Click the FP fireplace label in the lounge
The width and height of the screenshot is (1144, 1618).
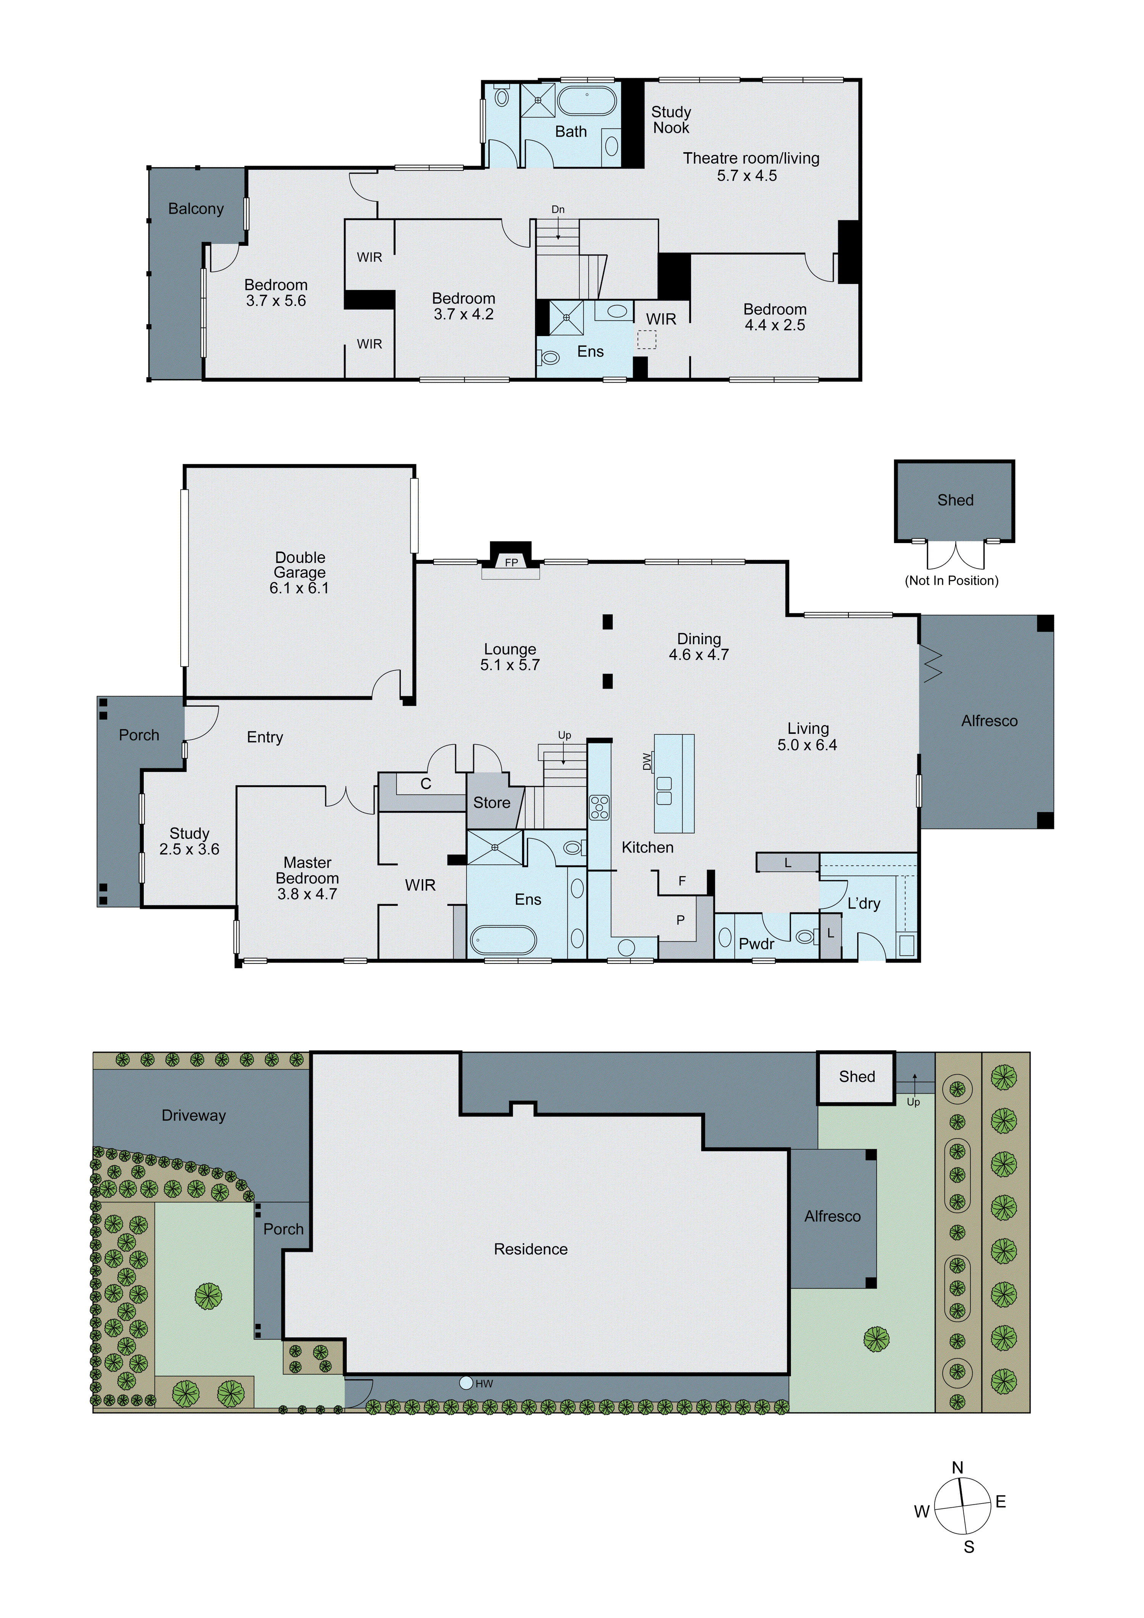tap(511, 562)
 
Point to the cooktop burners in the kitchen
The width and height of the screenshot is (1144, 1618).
tap(599, 807)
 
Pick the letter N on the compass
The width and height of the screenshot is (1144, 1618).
tap(957, 1467)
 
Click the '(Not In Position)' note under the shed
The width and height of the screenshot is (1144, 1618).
tap(951, 581)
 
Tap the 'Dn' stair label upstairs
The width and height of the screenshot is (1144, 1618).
tap(558, 209)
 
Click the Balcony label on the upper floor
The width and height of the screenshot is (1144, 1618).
tap(196, 209)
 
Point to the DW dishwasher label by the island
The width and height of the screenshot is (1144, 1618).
tap(647, 762)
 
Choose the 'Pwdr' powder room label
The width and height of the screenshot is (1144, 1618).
tap(756, 944)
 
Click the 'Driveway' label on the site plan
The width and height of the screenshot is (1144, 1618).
tap(194, 1115)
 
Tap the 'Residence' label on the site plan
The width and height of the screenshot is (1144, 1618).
tap(530, 1249)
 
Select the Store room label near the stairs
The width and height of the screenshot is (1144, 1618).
tap(492, 803)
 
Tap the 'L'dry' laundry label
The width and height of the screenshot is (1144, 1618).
tap(864, 904)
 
